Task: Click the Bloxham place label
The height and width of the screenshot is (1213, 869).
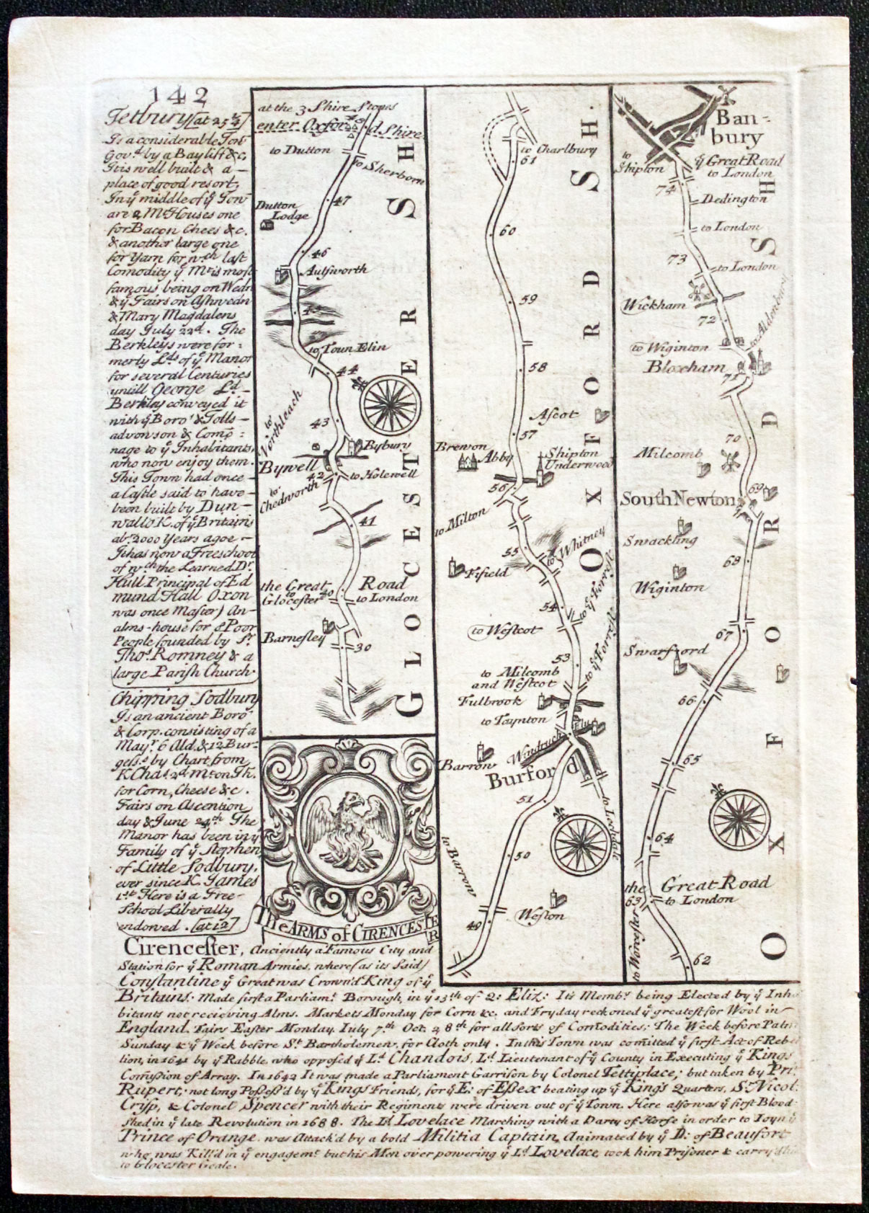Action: [685, 368]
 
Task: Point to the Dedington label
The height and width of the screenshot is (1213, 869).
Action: [734, 197]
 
